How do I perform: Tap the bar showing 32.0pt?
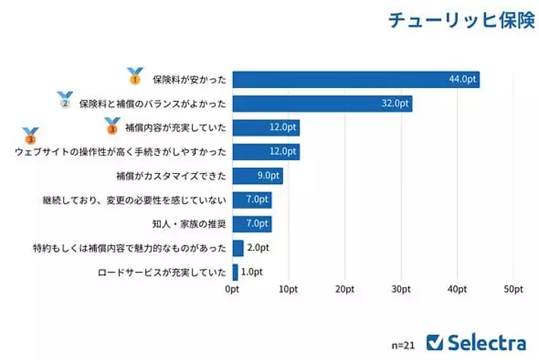pyautogui.click(x=322, y=103)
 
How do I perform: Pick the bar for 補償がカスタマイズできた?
pyautogui.click(x=257, y=176)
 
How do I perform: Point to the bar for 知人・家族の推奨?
pyautogui.click(x=251, y=224)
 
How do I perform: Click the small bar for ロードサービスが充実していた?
pyautogui.click(x=235, y=272)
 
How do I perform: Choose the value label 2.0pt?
pyautogui.click(x=258, y=248)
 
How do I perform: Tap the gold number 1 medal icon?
pyautogui.click(x=135, y=76)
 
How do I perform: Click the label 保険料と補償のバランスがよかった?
pyautogui.click(x=153, y=104)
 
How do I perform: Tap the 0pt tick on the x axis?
pyautogui.click(x=232, y=289)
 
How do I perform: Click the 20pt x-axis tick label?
pyautogui.click(x=345, y=289)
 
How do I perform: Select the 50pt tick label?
pyautogui.click(x=513, y=289)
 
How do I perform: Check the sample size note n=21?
pyautogui.click(x=403, y=344)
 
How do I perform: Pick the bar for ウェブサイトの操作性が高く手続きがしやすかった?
pyautogui.click(x=266, y=152)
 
